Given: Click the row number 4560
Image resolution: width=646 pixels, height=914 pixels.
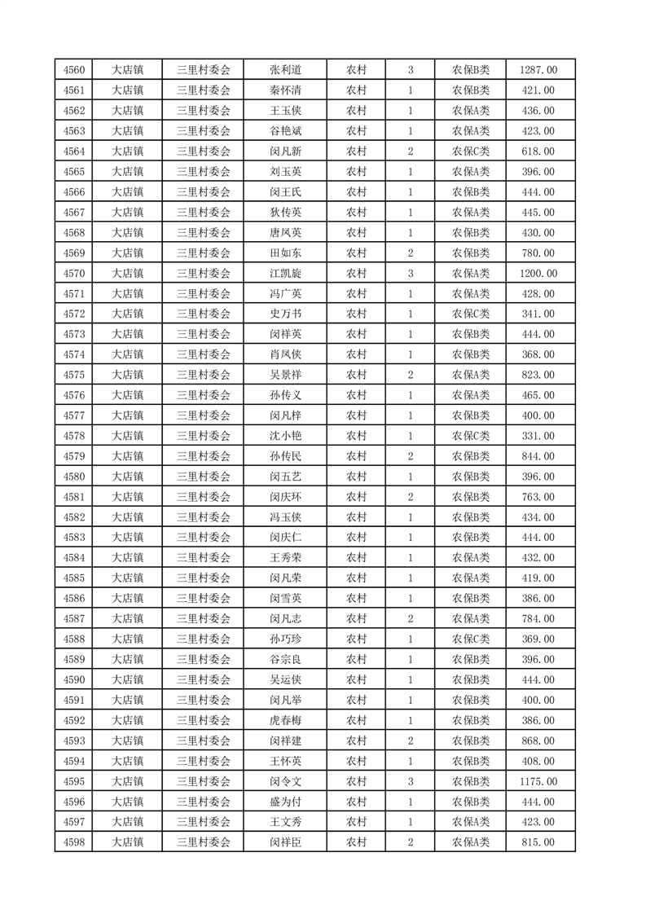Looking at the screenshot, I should click(x=74, y=70).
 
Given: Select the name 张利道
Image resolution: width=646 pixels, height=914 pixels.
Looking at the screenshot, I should click(x=285, y=70).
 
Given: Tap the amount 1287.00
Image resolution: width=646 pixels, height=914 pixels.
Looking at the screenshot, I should click(x=538, y=70).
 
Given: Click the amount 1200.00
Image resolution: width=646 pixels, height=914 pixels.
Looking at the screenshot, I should click(x=538, y=274).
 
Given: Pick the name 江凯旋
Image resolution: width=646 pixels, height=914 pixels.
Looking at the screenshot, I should click(x=285, y=274).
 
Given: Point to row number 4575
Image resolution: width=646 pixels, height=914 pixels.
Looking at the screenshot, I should click(x=74, y=375).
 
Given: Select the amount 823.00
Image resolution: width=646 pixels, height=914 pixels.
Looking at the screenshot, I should click(x=538, y=375).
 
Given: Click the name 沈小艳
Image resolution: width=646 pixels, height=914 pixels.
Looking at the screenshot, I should click(x=285, y=436).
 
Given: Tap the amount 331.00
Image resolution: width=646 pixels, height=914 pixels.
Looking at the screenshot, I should click(x=538, y=436).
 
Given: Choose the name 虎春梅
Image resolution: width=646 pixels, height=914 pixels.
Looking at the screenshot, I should click(x=285, y=720).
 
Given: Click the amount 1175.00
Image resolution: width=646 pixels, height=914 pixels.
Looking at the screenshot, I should click(x=538, y=781).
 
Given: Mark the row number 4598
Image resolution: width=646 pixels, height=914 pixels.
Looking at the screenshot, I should click(x=74, y=842).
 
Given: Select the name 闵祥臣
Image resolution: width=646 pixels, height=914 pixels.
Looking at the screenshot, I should click(x=285, y=842).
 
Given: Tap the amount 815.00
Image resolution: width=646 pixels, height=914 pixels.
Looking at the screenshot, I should click(x=538, y=842).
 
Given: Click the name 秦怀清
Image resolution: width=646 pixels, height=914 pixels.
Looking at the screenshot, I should click(x=285, y=90).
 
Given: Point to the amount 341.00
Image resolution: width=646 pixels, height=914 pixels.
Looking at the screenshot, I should click(x=538, y=314).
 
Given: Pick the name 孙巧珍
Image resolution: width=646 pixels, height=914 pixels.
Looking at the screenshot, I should click(x=285, y=639).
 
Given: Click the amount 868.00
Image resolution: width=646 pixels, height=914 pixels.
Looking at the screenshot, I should click(x=538, y=740).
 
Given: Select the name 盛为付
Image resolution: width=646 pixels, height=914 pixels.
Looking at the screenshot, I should click(x=285, y=802).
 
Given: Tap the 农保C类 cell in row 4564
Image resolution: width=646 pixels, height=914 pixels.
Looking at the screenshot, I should click(x=471, y=152).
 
